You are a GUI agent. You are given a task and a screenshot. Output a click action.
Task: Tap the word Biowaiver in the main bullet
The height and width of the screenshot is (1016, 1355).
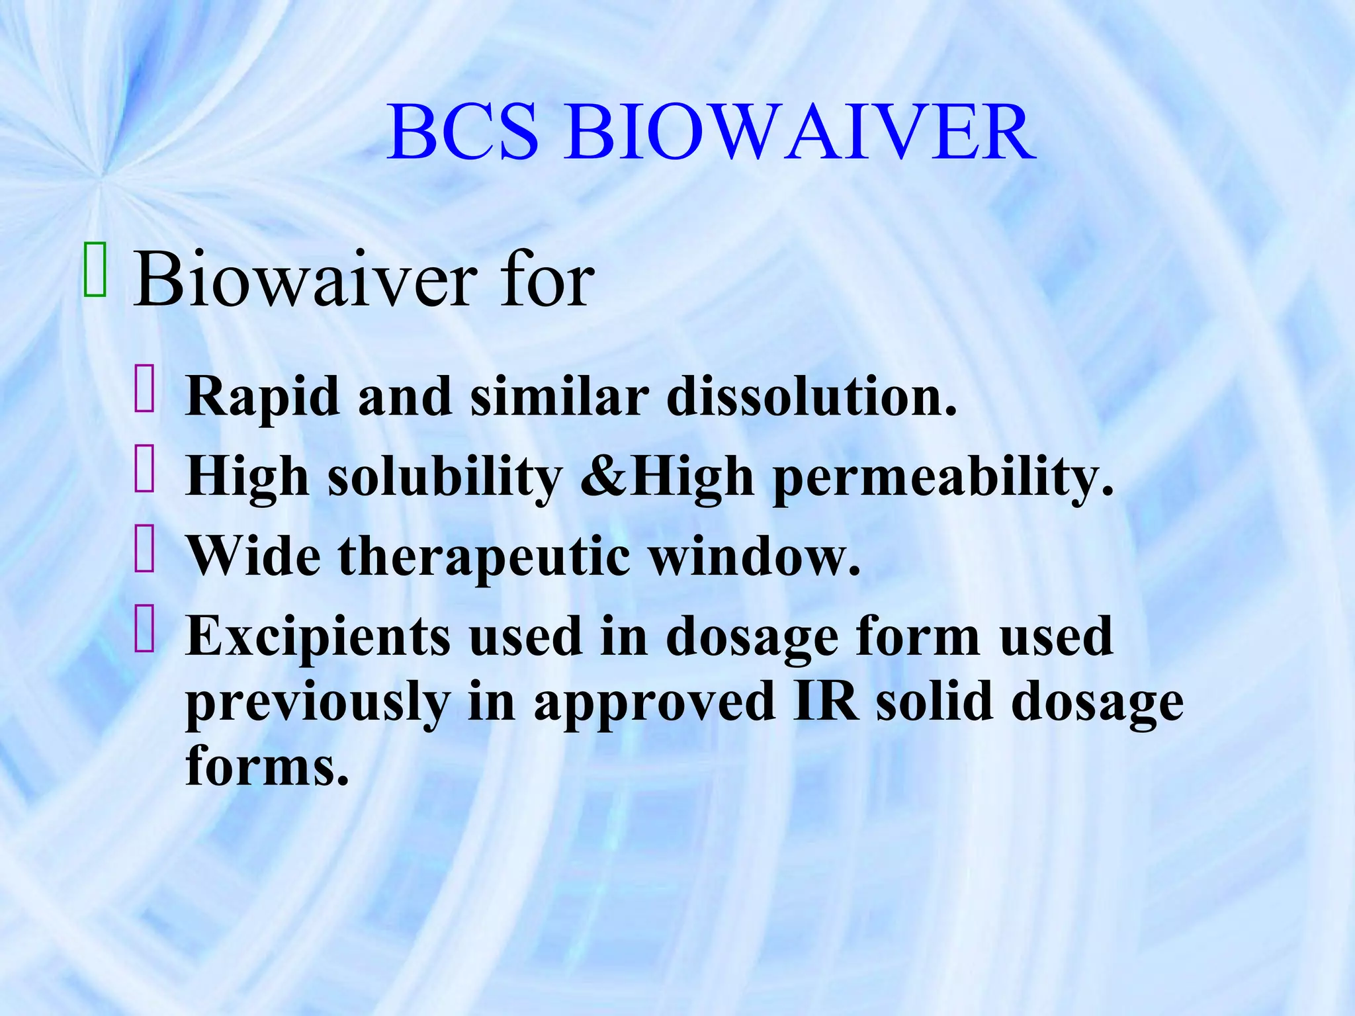point(305,280)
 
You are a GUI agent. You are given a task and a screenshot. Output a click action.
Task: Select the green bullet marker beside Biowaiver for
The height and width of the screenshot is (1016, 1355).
point(95,270)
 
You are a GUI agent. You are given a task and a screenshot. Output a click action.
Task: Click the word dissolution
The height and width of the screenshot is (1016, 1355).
point(811,397)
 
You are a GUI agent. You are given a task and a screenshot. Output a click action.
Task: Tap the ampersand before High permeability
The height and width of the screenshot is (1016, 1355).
point(603,476)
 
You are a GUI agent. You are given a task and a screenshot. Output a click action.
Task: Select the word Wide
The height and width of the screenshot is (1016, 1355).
point(254,556)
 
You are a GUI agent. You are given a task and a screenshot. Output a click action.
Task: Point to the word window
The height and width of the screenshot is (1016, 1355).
point(754,556)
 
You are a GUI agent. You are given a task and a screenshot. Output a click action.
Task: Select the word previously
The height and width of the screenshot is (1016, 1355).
point(318,704)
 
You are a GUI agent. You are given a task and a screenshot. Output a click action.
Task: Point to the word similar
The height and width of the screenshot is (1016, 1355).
point(559,397)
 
